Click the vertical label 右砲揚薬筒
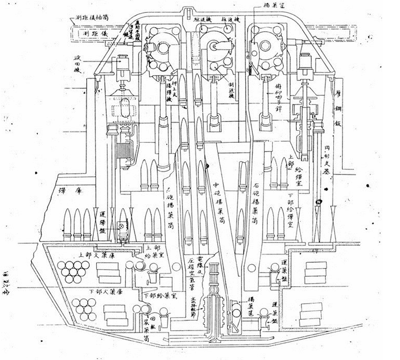[256, 202]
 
